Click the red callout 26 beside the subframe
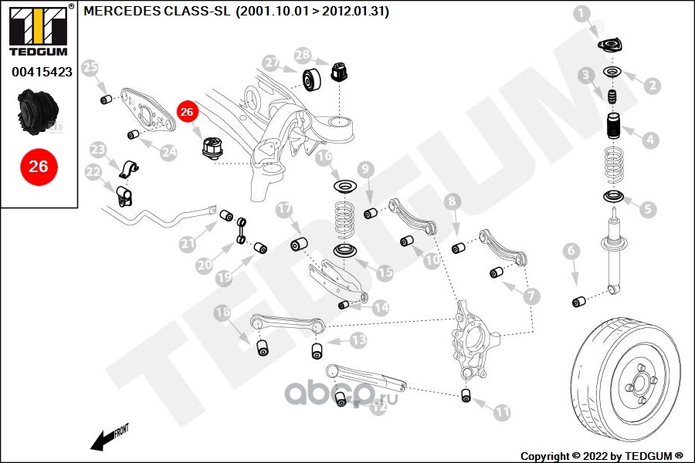186,112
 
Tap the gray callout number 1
582,12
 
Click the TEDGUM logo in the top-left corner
37,31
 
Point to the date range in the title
312,12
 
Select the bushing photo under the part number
38,111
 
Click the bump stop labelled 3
611,100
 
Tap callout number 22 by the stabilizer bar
93,171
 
